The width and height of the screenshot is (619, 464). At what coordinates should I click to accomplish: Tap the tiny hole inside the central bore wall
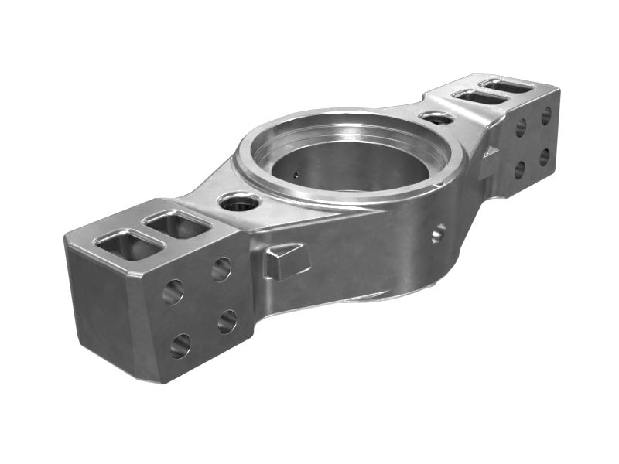click(x=296, y=174)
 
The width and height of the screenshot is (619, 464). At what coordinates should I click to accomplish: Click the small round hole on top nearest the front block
click(x=238, y=203)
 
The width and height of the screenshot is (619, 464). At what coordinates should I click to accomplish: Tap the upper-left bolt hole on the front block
click(x=173, y=292)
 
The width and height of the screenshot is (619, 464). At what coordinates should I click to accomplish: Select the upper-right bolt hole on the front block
click(x=221, y=269)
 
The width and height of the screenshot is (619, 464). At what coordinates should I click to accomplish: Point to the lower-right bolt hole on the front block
click(x=227, y=321)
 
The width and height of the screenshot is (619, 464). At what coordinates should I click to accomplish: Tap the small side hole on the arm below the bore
click(x=439, y=232)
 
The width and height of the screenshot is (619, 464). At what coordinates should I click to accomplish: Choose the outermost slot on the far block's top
click(x=508, y=85)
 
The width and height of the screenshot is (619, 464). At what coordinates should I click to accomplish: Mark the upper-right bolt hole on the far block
click(x=546, y=116)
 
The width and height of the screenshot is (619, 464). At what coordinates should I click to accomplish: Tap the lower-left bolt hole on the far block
click(x=520, y=169)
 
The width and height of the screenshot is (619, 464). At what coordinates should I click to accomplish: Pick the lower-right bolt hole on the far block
click(x=545, y=157)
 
